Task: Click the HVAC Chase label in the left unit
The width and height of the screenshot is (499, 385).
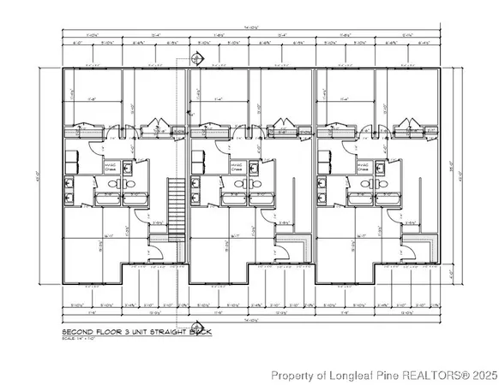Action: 110,168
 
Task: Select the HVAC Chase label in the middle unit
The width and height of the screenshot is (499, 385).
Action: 235,168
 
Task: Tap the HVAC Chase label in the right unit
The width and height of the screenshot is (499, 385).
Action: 361,168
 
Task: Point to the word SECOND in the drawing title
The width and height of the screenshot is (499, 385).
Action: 80,331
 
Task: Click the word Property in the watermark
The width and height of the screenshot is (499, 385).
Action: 292,375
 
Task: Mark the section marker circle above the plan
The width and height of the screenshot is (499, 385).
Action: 196,58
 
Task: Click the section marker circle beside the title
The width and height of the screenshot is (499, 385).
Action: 198,329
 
